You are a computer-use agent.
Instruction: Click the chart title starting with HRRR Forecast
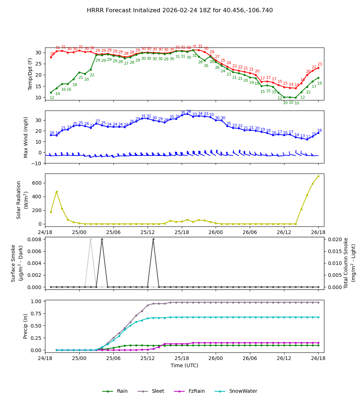tap(180, 10)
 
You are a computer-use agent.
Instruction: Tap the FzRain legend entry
tap(195, 391)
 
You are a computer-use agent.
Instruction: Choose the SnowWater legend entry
tap(243, 391)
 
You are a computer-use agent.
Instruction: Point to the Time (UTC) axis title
tap(184, 365)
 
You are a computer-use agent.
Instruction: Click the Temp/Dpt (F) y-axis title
tap(30, 74)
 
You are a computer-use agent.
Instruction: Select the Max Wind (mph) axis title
tap(26, 137)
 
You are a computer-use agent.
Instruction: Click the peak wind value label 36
tap(189, 112)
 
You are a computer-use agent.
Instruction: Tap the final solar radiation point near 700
tap(318, 176)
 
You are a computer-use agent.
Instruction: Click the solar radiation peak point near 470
tap(57, 192)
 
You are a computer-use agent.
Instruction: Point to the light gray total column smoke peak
tap(91, 239)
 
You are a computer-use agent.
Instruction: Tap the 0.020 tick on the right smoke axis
tap(333, 239)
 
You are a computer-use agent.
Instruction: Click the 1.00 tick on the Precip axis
tap(37, 301)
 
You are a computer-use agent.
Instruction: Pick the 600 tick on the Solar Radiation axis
tap(38, 183)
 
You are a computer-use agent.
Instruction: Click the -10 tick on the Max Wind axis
tap(37, 163)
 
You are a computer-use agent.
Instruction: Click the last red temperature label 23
tap(320, 64)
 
